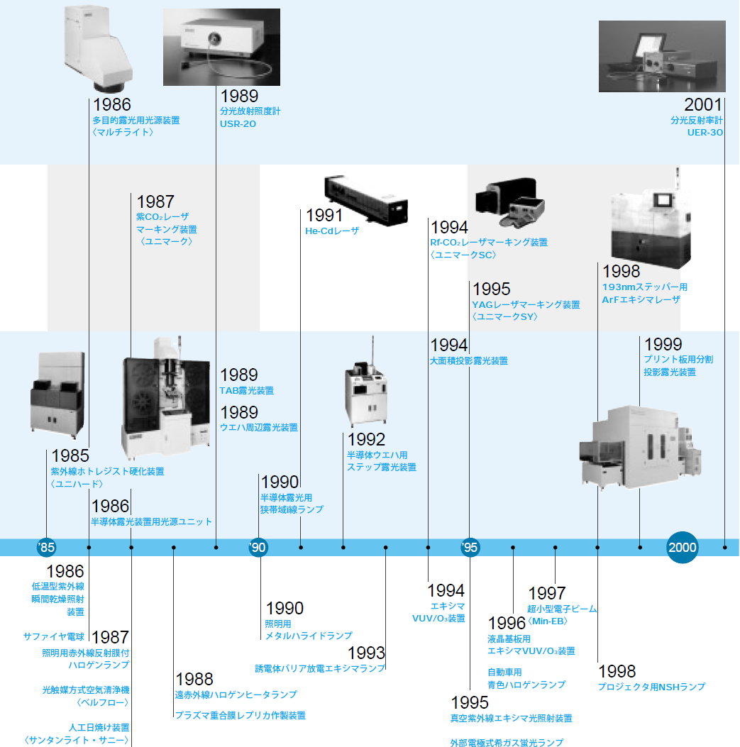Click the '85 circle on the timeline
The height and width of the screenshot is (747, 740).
46,547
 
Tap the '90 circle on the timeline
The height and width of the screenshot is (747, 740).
258,547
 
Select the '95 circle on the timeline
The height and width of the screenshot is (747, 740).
470,547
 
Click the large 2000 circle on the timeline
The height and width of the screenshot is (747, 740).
682,547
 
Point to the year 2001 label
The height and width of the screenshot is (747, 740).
703,104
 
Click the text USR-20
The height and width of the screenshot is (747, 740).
238,124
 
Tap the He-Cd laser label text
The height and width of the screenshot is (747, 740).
333,231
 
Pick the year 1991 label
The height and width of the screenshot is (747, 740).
324,216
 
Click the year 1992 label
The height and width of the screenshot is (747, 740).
366,440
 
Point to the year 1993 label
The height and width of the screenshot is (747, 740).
366,653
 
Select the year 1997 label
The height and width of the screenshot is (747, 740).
547,593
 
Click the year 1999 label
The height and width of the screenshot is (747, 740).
663,344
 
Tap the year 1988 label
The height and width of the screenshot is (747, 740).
194,679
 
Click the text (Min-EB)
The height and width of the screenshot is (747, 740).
548,621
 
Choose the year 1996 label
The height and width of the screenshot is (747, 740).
507,624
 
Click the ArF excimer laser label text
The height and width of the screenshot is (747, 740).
641,300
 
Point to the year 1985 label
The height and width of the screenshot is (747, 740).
70,456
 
